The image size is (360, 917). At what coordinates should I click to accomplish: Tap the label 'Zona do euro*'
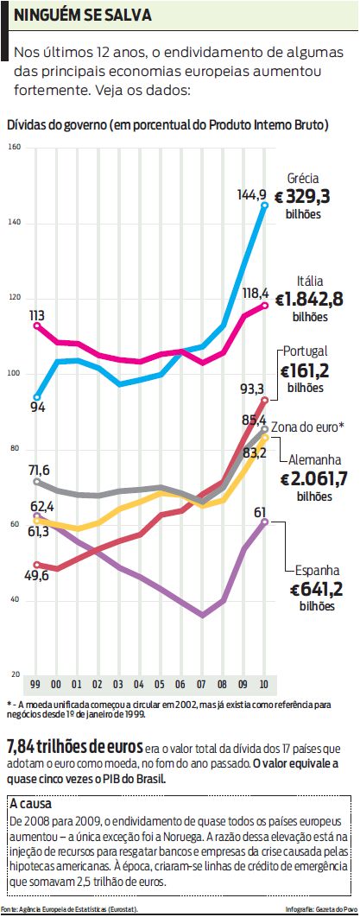pos(308,427)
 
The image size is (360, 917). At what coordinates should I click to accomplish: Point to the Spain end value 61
pos(258,513)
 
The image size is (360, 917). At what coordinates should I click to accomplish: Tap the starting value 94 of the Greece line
pos(38,408)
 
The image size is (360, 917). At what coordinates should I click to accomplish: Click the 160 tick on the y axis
pos(15,148)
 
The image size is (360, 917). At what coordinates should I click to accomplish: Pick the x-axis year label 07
pos(202,683)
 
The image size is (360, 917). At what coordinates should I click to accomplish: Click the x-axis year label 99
pos(35,683)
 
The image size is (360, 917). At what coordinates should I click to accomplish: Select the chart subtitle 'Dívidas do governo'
pos(57,124)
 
